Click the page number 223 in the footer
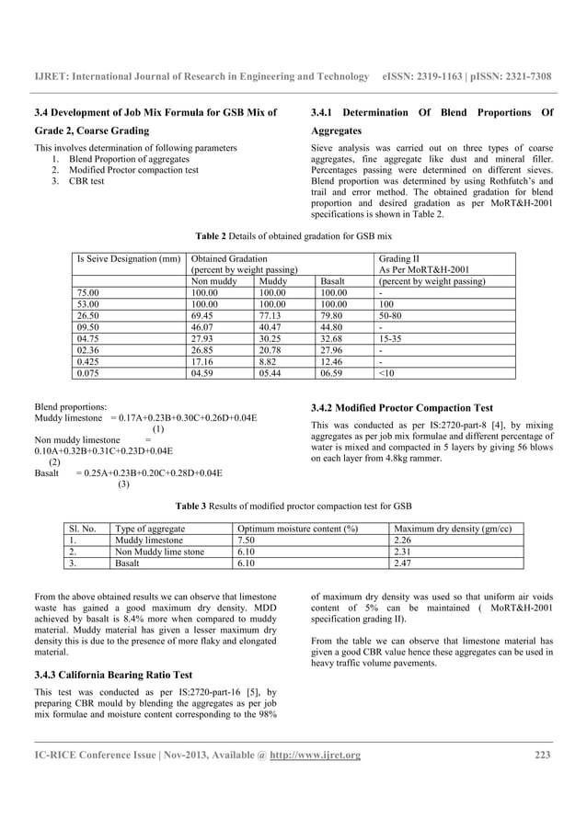541,756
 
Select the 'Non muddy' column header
212,280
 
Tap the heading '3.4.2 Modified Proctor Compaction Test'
402,407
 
